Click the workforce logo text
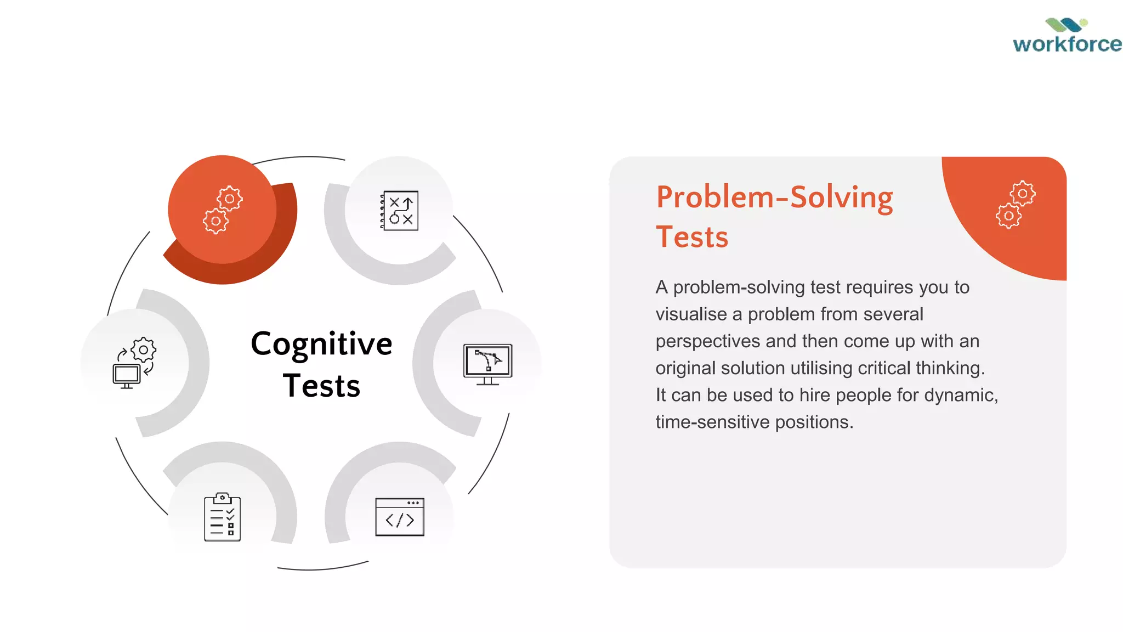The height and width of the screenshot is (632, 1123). pos(1067,44)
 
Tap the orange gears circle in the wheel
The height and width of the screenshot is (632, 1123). pos(222,210)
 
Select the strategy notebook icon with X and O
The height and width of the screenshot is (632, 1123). pos(400,211)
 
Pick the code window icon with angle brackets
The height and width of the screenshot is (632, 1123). pos(400,517)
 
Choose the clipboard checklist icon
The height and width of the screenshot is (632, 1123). pos(222,517)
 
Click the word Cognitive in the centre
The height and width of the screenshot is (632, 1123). pos(321,344)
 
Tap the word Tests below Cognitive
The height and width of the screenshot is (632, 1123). pos(321,386)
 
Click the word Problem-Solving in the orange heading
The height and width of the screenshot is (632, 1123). pos(774,197)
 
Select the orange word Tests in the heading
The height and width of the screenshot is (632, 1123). pos(692,237)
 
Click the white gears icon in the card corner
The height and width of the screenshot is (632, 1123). pos(1016,205)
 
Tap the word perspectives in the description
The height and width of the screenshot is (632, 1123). pos(708,341)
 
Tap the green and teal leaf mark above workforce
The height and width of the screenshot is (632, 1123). pos(1066,25)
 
